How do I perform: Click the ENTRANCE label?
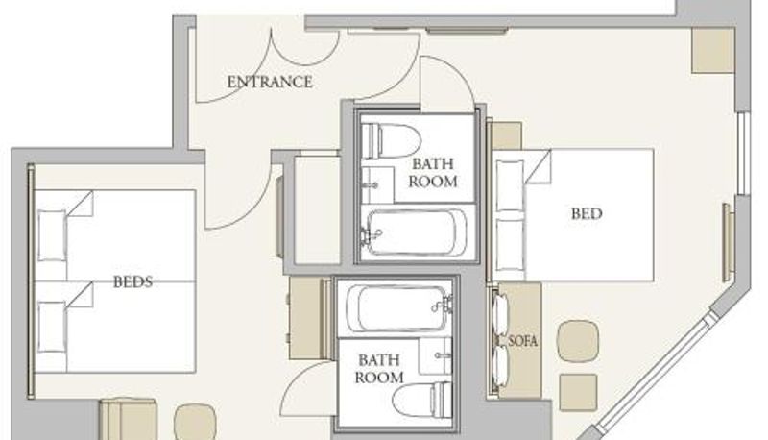point(270,82)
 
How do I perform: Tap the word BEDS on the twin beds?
point(132,281)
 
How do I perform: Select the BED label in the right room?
point(587,213)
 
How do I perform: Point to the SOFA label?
point(523,340)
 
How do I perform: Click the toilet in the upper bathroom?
point(392,141)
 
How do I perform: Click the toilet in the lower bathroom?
point(422,401)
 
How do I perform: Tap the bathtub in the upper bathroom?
point(416,232)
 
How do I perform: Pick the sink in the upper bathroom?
point(377,184)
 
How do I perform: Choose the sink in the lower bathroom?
point(436,355)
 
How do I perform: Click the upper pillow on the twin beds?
point(52,235)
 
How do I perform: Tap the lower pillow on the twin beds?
point(52,327)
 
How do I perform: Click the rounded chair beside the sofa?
point(579,341)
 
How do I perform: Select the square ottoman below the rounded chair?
point(579,392)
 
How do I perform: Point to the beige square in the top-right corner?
point(712,51)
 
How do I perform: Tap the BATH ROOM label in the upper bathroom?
point(433,173)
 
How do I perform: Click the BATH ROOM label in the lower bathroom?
point(379,369)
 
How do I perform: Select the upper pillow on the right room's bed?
point(510,185)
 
